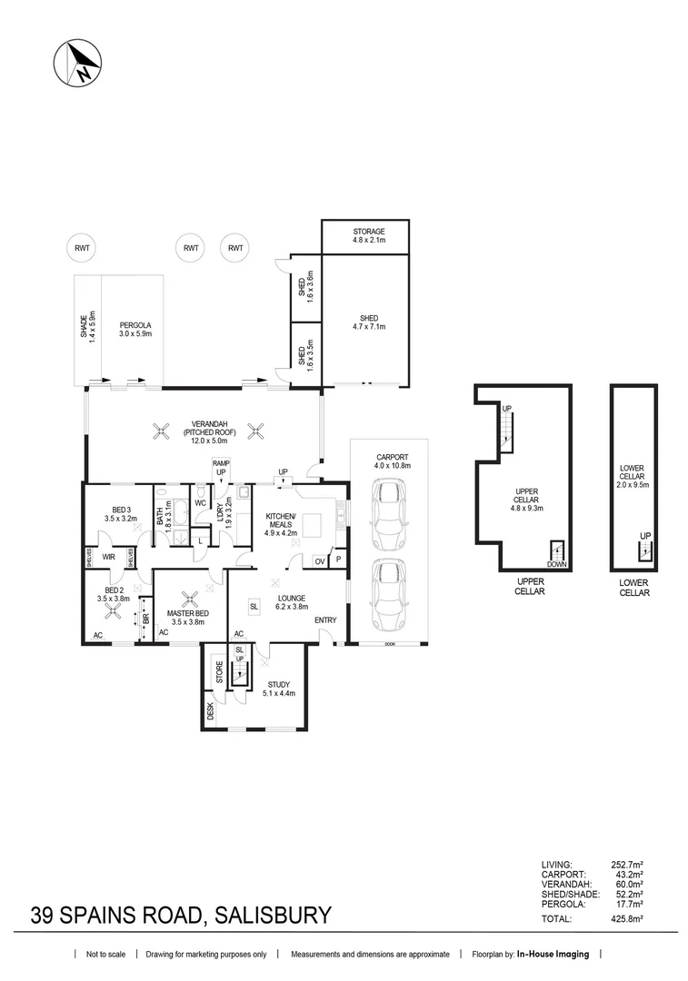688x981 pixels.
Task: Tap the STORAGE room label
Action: click(369, 232)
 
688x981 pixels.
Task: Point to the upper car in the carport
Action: click(388, 514)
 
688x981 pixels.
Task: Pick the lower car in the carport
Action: click(388, 591)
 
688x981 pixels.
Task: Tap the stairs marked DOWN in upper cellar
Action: click(555, 551)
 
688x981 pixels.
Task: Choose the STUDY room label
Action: click(278, 684)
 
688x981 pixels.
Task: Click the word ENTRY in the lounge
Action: click(325, 620)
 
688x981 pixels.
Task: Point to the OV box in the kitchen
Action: click(319, 560)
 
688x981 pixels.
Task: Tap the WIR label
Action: click(107, 557)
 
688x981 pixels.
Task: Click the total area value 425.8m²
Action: click(626, 919)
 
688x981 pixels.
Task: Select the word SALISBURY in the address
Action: click(271, 914)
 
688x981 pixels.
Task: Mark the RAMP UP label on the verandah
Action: click(220, 468)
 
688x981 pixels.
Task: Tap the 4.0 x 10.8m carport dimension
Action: click(394, 465)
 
